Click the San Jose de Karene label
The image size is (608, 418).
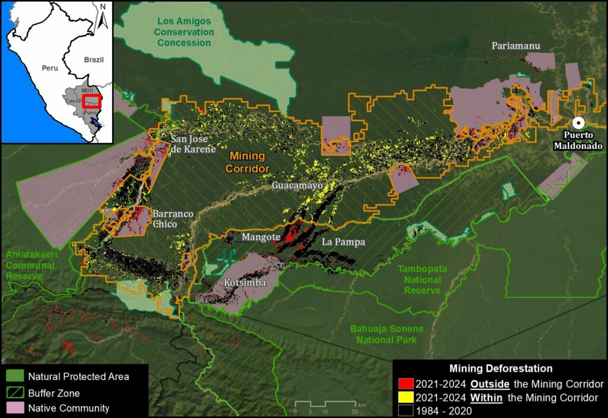click(x=193, y=144)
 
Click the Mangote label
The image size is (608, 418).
click(x=260, y=237)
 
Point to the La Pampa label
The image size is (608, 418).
click(x=343, y=242)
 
